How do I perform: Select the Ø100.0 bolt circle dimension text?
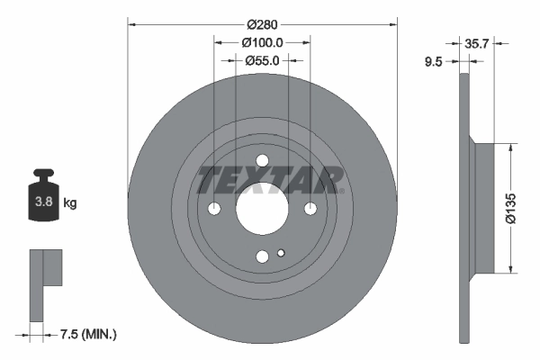[x=262, y=42]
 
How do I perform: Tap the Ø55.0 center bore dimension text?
[x=262, y=60]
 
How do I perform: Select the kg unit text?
[x=70, y=203]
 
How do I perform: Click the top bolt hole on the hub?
[x=262, y=162]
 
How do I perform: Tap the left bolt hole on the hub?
[x=214, y=210]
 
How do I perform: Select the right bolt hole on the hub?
[x=310, y=210]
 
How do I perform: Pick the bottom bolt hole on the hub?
[x=262, y=257]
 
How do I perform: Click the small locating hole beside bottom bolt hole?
[x=281, y=253]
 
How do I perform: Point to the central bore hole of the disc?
[x=262, y=210]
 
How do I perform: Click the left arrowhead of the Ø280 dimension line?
[x=131, y=23]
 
